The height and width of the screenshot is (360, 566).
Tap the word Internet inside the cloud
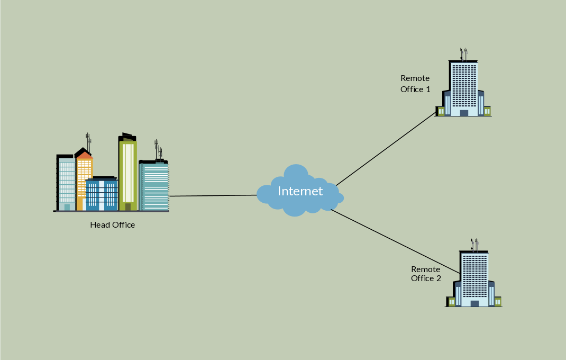[x=300, y=191]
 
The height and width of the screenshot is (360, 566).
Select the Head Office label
[x=113, y=225]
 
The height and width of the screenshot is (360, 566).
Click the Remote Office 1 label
[x=415, y=84]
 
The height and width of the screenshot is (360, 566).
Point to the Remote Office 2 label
[x=426, y=274]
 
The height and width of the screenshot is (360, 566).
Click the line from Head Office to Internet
[x=212, y=196]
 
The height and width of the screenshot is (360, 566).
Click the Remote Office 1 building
[x=463, y=87]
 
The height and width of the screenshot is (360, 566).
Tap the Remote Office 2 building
[x=474, y=278]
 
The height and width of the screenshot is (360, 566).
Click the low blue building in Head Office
[x=102, y=195]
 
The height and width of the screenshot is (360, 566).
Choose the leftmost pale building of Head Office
[x=66, y=183]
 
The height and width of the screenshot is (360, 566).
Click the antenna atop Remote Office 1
[x=464, y=54]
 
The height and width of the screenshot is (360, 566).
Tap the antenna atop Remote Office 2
[x=474, y=245]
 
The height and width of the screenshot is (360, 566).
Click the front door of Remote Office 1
[x=464, y=113]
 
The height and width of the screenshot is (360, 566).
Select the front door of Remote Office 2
[x=474, y=303]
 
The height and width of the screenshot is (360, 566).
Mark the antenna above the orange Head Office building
[x=88, y=141]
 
